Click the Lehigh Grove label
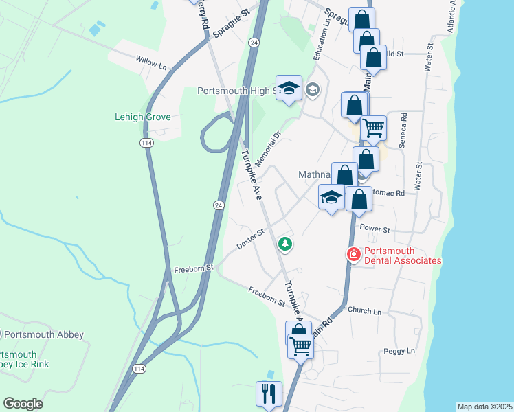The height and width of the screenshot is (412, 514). coord(142,117)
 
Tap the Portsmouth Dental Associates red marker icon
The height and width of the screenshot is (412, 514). coord(354,255)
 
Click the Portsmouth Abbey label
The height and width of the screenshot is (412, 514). coord(43,335)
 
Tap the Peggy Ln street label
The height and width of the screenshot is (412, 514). coord(401,352)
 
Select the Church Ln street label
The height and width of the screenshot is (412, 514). coord(364,311)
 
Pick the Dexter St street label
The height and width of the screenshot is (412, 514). coord(251,239)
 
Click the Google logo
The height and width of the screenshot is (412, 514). coord(23,404)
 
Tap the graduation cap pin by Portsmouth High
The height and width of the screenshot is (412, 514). coord(289,88)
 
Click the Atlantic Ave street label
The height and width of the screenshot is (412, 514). coord(451,17)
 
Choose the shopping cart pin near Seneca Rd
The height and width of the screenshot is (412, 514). coord(373,128)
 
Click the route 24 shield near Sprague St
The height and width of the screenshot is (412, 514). coord(254,43)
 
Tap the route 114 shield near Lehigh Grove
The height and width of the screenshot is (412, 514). coord(146,142)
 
